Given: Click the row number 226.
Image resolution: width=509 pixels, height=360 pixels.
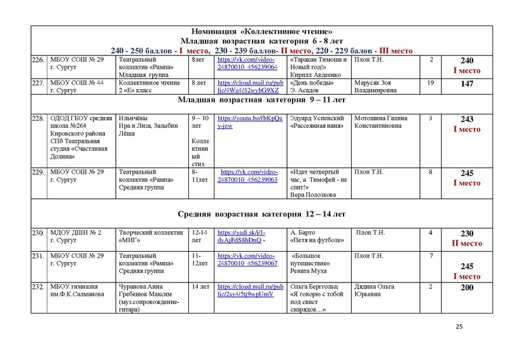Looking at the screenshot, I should tap(38, 60).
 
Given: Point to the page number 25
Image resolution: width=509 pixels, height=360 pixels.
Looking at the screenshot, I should tap(459, 326).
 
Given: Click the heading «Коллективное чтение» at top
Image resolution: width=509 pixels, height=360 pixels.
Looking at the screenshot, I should tap(261, 32).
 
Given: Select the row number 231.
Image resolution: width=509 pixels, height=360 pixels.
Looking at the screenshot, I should tap(38, 256).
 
